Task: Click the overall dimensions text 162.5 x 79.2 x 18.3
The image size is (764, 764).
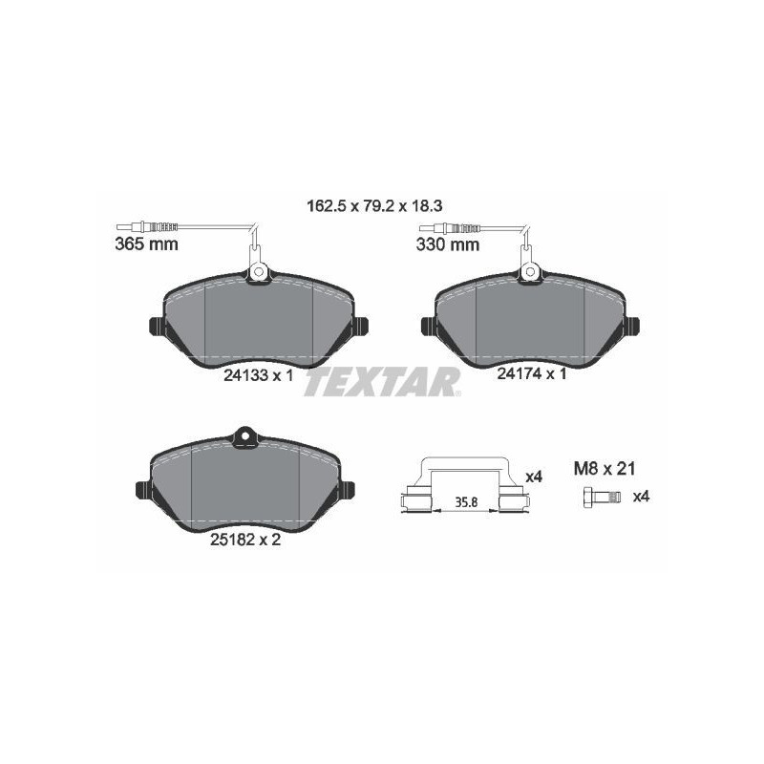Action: (374, 206)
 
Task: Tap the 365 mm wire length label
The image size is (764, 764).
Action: (147, 244)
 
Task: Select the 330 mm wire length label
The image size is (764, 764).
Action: (448, 244)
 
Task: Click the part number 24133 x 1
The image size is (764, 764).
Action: (258, 375)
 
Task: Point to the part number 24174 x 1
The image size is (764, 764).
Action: (532, 373)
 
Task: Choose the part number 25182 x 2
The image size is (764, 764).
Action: (245, 540)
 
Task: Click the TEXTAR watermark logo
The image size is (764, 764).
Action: (382, 381)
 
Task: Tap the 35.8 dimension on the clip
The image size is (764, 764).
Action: (466, 502)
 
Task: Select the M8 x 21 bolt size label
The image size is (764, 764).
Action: (605, 469)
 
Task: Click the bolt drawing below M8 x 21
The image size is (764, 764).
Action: (602, 498)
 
